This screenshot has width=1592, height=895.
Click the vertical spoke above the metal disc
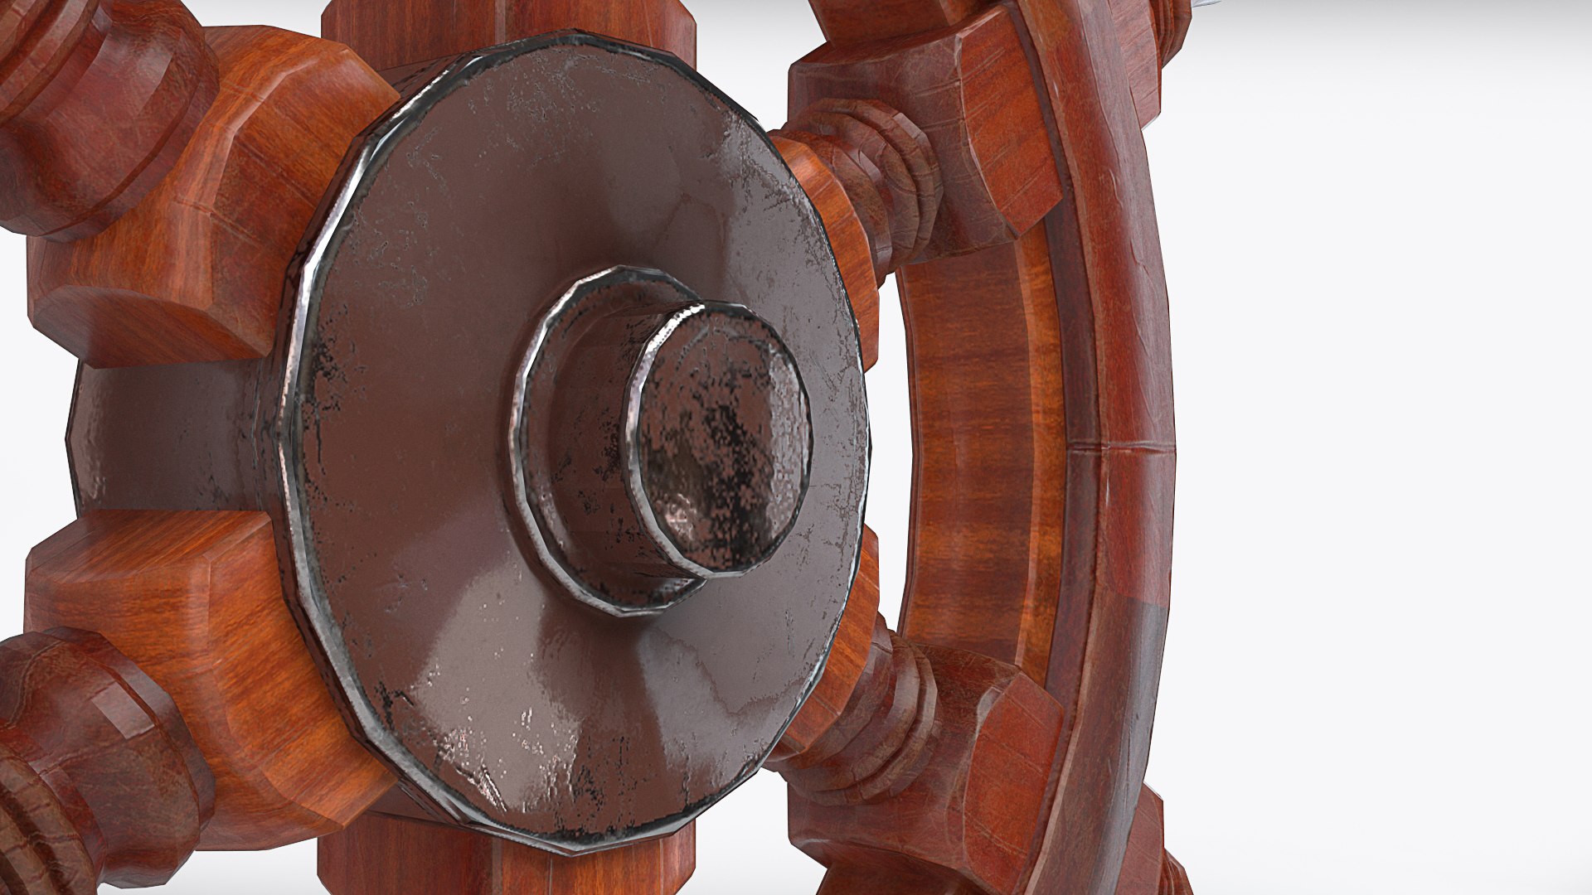click(498, 21)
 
